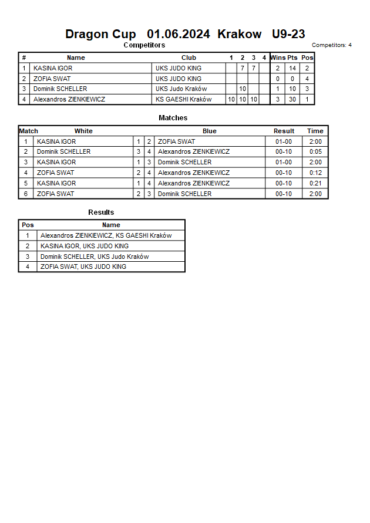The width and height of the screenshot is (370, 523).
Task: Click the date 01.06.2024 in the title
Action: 179,34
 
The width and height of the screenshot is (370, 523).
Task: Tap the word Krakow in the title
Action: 240,34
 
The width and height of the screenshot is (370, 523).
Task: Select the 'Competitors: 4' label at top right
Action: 332,45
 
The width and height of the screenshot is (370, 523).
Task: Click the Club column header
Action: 189,58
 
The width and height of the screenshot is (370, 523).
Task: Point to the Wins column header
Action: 278,58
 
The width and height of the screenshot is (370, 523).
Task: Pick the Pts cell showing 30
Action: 292,99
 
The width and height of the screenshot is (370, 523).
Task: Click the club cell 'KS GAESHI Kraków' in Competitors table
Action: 183,99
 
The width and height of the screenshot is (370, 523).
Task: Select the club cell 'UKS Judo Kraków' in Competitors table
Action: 181,89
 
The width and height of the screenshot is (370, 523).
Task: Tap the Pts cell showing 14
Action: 292,68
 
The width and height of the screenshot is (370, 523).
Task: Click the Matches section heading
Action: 173,118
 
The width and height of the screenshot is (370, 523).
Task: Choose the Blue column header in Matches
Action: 209,131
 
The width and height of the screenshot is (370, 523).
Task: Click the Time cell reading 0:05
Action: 315,151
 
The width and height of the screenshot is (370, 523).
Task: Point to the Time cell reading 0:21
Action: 315,183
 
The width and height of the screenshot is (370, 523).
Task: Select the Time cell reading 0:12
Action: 315,173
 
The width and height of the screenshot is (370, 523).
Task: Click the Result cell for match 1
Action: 284,141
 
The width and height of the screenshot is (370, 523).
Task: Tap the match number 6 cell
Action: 26,194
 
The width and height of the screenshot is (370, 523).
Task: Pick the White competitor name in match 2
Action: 63,151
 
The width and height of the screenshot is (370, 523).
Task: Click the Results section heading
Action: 101,212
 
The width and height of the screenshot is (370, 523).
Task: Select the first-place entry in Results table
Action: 106,235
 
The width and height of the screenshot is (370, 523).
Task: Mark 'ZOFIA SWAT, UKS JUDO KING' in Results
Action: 83,266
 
